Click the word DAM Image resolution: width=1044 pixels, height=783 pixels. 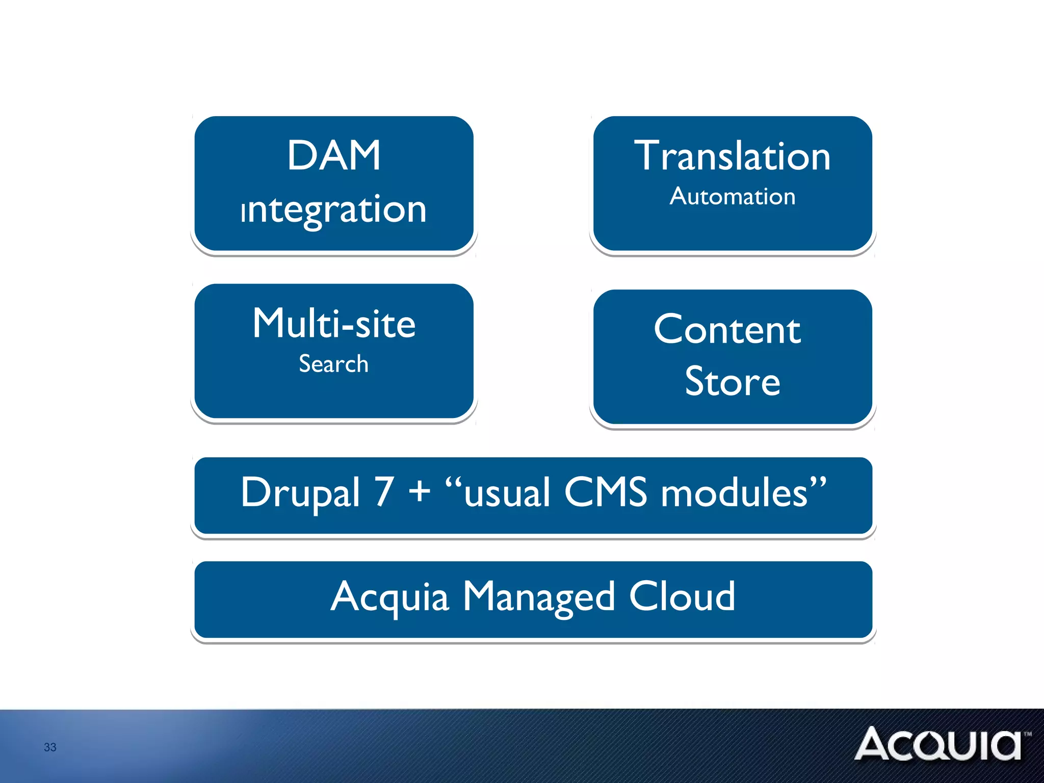click(334, 155)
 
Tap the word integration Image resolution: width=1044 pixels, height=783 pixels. click(334, 210)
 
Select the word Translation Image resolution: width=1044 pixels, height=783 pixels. click(733, 156)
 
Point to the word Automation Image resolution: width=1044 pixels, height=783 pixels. click(733, 197)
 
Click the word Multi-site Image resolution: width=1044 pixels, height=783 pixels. click(334, 324)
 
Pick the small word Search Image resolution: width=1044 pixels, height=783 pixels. click(333, 364)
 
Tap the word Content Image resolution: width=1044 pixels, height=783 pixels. click(727, 330)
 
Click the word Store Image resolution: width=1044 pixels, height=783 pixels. click(733, 382)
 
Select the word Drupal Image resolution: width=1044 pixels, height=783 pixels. click(301, 493)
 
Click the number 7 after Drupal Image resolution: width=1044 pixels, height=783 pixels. click(385, 492)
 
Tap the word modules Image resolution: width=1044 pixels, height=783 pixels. click(735, 492)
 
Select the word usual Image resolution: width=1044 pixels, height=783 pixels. click(507, 493)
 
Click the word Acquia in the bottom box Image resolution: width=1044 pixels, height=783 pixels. click(390, 597)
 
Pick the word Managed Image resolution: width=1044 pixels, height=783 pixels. click(539, 597)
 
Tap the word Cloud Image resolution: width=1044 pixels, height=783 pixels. click(682, 596)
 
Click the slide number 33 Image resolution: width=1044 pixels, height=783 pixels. click(50, 747)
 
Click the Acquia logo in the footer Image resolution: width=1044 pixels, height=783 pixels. click(938, 744)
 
